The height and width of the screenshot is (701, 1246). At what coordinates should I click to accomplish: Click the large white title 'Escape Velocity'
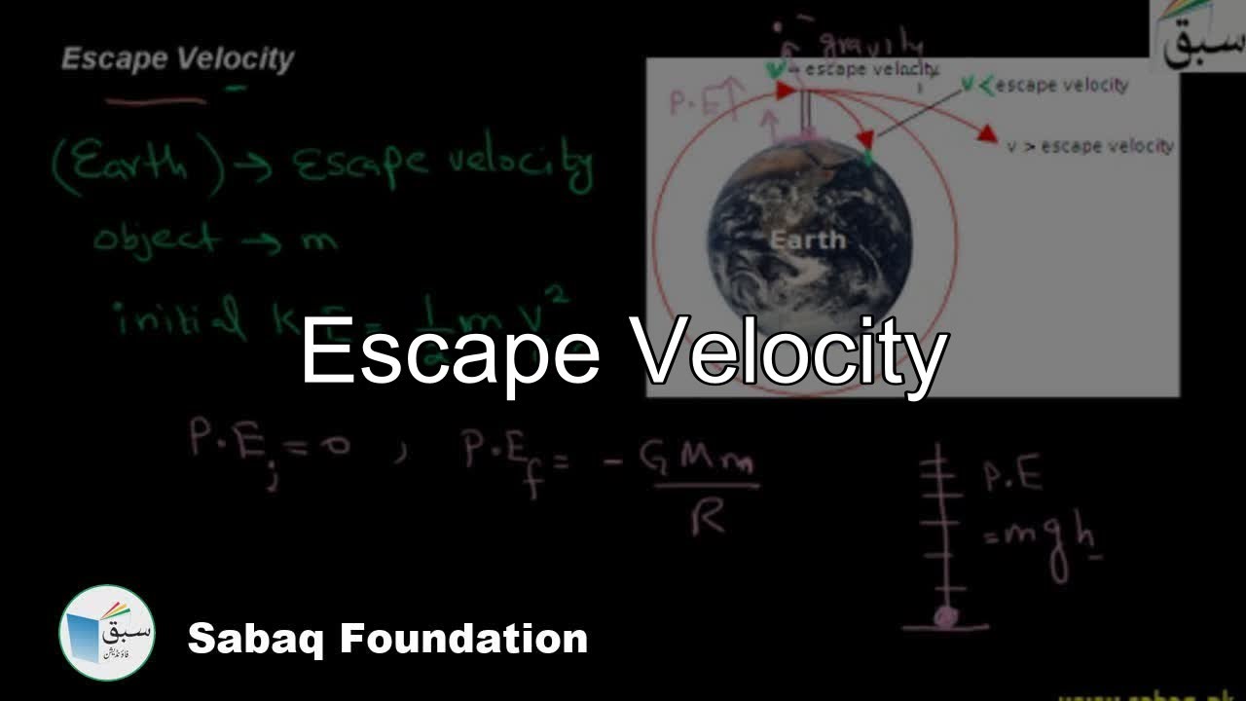[x=623, y=352]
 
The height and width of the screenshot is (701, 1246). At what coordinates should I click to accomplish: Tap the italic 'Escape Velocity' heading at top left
[x=177, y=59]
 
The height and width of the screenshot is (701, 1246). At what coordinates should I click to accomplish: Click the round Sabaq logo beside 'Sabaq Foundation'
[x=106, y=632]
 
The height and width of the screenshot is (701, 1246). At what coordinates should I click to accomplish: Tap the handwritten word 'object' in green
[x=156, y=239]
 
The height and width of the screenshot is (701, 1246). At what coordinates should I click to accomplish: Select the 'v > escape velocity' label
[x=1090, y=146]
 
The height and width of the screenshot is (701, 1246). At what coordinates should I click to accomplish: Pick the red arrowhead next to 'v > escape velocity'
[x=987, y=133]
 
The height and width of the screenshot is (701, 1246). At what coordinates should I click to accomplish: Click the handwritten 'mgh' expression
[x=1042, y=535]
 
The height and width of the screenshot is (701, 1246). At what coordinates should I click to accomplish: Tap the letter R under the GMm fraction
[x=708, y=519]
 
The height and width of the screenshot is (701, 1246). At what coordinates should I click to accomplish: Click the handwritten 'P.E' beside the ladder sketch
[x=1012, y=476]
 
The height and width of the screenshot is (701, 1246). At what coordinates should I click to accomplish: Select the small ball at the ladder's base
[x=943, y=616]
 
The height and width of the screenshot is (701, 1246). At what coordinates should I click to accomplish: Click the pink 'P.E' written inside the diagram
[x=695, y=102]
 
